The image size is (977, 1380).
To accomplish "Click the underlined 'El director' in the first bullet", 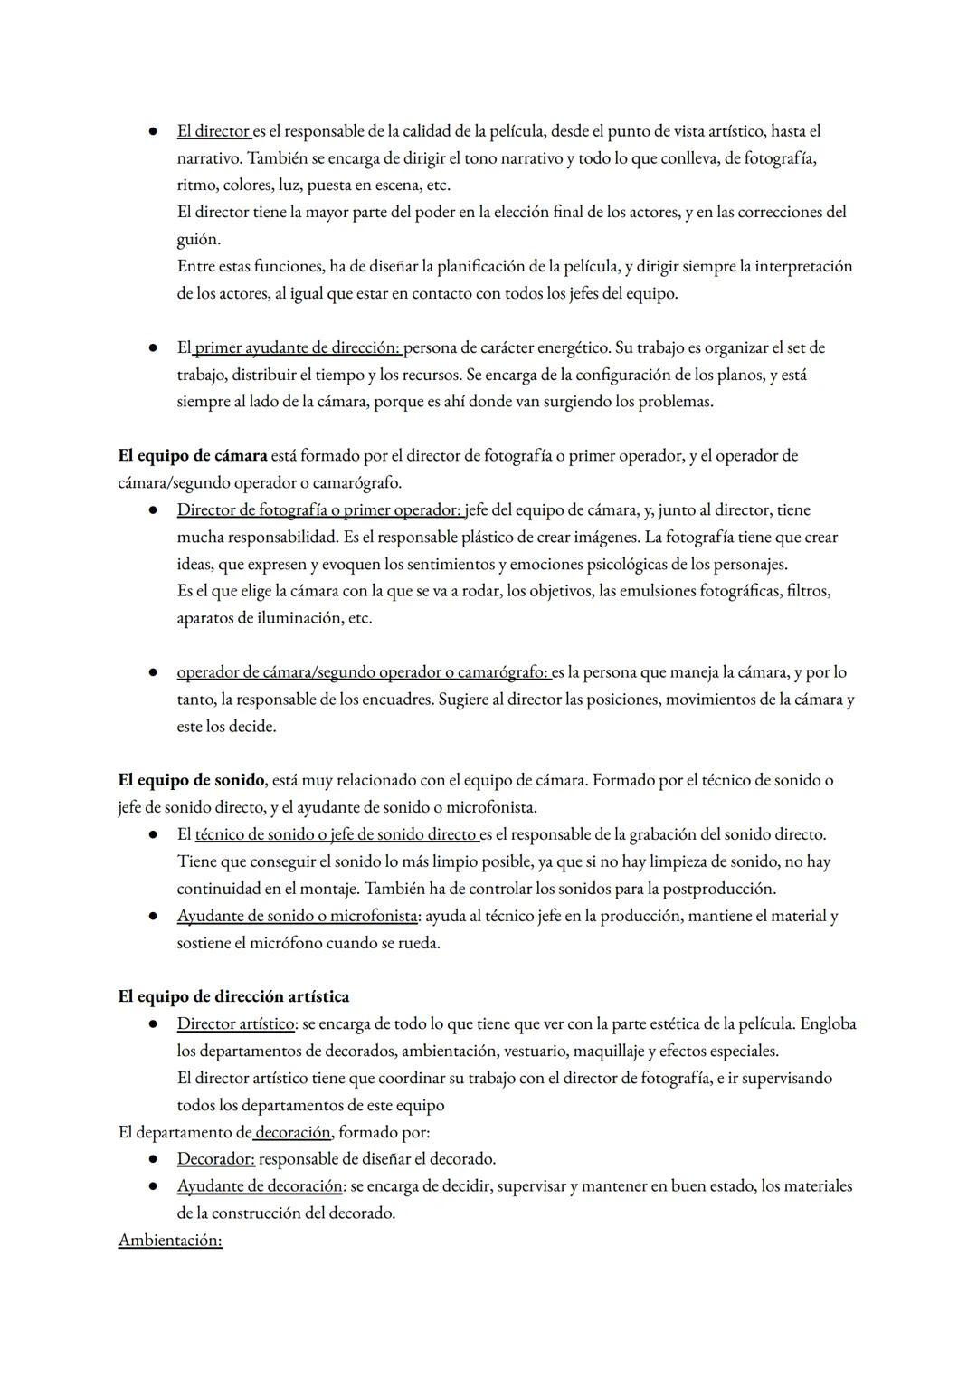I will pos(213,131).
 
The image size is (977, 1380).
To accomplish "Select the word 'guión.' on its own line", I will pos(198,240).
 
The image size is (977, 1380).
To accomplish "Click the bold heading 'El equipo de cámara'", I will pos(193,455).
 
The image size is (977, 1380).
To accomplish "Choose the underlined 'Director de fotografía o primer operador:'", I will pos(319,510).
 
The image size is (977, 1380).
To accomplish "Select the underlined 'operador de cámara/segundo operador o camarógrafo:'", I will pos(363,672).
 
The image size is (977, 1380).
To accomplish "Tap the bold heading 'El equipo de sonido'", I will pos(191,780).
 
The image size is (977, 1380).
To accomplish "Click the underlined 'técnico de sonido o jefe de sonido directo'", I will pos(336,834).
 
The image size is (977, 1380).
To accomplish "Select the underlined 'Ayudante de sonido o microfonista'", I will pos(297,916).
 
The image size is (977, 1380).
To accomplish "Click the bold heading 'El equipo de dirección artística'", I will pos(233,996).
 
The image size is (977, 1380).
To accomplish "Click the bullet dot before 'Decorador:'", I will pos(155,1159).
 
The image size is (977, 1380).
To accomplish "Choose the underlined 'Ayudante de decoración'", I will pos(260,1186).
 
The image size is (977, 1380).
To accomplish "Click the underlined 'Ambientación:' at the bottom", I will pos(170,1241).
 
